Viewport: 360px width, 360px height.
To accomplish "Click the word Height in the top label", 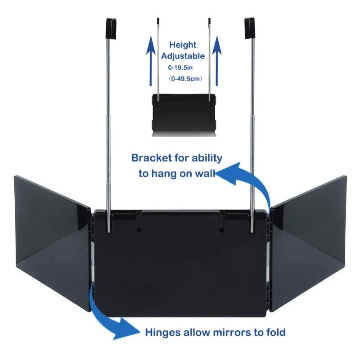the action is pyautogui.click(x=183, y=45).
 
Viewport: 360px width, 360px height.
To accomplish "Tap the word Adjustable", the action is pyautogui.click(x=183, y=56).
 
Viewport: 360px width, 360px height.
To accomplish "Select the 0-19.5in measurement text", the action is pyautogui.click(x=180, y=68).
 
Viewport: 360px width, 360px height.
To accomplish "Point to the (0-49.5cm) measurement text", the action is pyautogui.click(x=185, y=79).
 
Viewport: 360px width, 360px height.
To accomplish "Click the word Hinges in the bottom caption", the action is pyautogui.click(x=162, y=333).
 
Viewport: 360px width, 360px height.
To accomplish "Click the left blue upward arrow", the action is pyautogui.click(x=150, y=61).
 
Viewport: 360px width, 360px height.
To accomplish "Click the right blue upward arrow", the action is pyautogui.click(x=217, y=61).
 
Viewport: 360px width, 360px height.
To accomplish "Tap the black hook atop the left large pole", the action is pyautogui.click(x=111, y=28).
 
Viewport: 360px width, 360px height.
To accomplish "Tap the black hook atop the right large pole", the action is pyautogui.click(x=249, y=28).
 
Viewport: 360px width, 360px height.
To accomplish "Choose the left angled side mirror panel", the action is pyautogui.click(x=52, y=232).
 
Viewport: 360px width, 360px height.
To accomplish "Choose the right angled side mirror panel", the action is pyautogui.click(x=308, y=232).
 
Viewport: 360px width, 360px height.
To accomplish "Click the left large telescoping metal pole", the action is pyautogui.click(x=108, y=135).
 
